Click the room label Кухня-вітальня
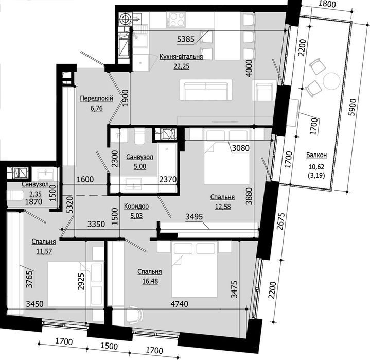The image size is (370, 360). tap(180, 57)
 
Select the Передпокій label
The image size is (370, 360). tap(93, 100)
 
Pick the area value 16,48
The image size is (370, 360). tap(150, 280)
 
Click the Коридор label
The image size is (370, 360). tap(136, 206)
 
